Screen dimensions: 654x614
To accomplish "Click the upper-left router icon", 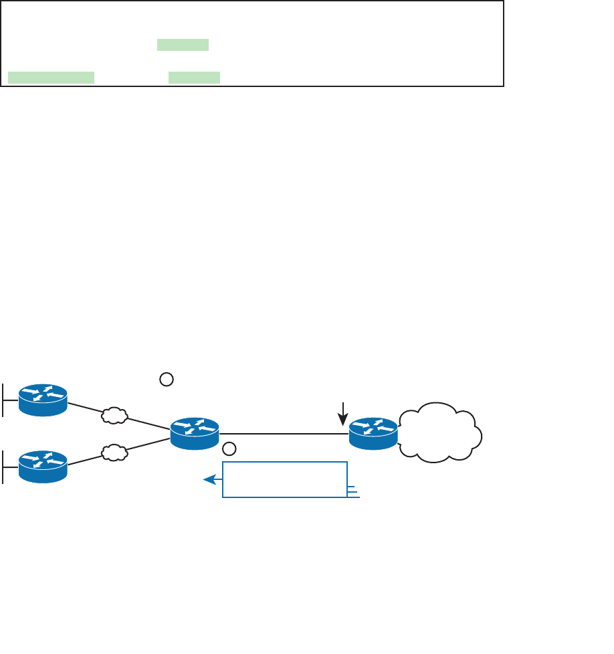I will pos(43,400).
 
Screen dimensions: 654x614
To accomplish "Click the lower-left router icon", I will pos(43,467).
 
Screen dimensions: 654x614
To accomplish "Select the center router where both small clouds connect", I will pos(195,433).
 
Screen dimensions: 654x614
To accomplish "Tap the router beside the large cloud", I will pos(373,433).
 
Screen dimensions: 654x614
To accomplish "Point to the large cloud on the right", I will pos(441,432).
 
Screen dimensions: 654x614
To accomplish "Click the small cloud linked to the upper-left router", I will pos(114,416).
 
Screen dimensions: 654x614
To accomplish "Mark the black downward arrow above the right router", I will pos(343,414).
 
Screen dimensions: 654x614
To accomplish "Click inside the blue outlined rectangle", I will pos(285,479).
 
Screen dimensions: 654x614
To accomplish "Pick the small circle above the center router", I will pos(167,380).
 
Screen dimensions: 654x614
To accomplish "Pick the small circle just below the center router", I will pos(229,448).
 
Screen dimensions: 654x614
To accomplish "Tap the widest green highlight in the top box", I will pos(52,78).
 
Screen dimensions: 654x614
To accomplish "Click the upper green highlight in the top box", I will pos(183,45).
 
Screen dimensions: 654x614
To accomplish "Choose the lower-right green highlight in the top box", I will pos(194,78).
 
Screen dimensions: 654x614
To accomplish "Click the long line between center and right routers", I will pos(284,434).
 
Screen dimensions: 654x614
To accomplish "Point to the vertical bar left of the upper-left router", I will pos(3,400).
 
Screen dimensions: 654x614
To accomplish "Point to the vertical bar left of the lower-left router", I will pos(3,467).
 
